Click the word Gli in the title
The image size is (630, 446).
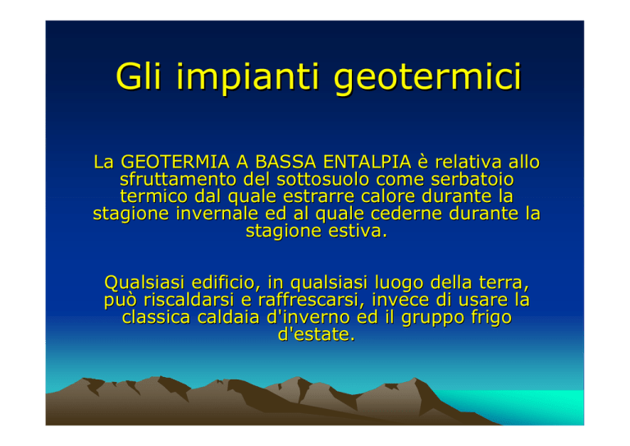coord(139,76)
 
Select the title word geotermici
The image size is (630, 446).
coord(427,78)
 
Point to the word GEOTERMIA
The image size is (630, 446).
coord(176,162)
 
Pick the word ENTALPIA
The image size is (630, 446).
coord(367,162)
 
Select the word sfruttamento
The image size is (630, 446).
coord(177,179)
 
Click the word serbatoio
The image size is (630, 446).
coord(472,179)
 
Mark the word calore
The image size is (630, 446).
coord(388,196)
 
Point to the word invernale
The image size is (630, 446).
coord(217,214)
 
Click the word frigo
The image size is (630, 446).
coord(491,318)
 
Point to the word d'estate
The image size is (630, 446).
coord(317,334)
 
